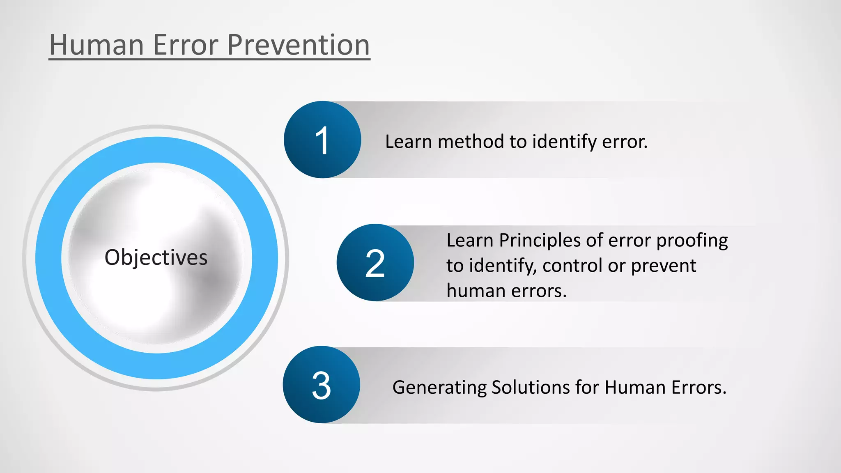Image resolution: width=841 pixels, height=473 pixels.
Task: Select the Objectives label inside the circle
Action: [156, 258]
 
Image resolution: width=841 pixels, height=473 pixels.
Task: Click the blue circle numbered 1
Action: [322, 140]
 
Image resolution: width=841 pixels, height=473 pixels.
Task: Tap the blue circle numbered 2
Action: [375, 263]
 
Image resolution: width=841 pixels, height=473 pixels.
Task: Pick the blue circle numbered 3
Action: [321, 385]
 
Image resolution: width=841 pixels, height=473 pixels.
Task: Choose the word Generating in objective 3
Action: [439, 388]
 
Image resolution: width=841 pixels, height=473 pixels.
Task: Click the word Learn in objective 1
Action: [408, 142]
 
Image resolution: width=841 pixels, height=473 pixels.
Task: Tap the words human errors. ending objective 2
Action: [506, 291]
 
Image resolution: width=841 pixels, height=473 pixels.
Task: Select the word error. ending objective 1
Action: [625, 142]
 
